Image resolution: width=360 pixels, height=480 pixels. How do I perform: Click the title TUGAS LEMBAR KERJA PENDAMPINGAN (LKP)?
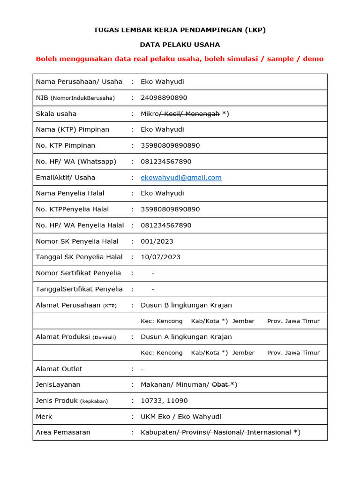pos(180,30)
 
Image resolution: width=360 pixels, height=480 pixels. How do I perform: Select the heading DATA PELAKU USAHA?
pos(180,45)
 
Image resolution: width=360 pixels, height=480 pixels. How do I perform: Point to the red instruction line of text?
pos(180,59)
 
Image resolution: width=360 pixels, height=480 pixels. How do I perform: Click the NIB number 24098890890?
pos(164,98)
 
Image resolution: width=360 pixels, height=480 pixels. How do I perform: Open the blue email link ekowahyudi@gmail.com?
pos(181,178)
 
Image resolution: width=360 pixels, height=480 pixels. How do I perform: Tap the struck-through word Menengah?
pos(202,114)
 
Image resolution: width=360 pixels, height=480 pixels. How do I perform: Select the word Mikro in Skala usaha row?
pos(150,114)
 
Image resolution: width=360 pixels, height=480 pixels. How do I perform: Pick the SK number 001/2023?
pos(157,241)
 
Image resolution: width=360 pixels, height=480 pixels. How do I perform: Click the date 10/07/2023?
pos(160,257)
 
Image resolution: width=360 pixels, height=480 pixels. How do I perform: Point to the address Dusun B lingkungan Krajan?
pos(186,305)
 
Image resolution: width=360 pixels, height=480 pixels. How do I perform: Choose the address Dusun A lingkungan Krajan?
pos(186,337)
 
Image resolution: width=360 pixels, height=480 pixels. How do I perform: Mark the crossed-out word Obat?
pos(220,385)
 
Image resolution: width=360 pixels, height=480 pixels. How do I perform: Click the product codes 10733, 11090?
pos(165,401)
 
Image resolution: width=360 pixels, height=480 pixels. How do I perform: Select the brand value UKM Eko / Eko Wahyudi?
pos(180,417)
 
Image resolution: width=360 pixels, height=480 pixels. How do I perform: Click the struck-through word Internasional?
pos(269,433)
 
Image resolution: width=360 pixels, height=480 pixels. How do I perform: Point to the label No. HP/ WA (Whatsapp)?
pos(76,162)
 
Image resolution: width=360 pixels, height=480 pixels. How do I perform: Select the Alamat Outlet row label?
pos(59,369)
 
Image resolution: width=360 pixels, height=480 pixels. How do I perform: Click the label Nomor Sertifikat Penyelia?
pos(78,273)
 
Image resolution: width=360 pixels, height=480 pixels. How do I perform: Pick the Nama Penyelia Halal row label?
pos(70,193)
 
